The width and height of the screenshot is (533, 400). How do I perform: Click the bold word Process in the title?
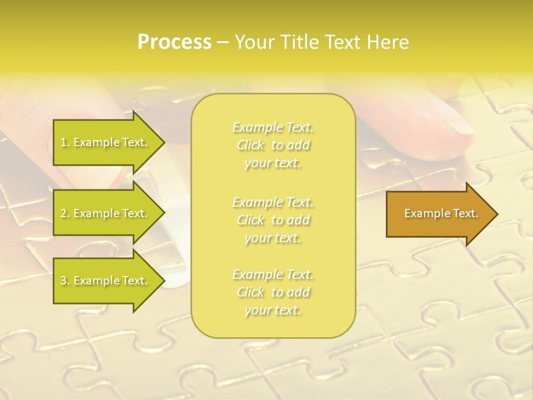point(174,42)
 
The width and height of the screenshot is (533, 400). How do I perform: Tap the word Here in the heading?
point(388,42)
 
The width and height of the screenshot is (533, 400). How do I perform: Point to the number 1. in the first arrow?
point(65,142)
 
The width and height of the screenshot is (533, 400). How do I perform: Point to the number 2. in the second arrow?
point(65,213)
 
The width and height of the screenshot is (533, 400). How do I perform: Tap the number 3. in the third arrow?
point(65,281)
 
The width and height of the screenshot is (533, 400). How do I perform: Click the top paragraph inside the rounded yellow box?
point(273,145)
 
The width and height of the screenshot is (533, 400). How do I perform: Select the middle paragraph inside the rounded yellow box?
point(273,219)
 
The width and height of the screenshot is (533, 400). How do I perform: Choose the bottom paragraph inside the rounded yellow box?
point(273,292)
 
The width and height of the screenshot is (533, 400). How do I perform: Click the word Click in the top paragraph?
point(250,145)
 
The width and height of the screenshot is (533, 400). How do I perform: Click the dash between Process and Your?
point(223,42)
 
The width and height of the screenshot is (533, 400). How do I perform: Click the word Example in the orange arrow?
point(424,213)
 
